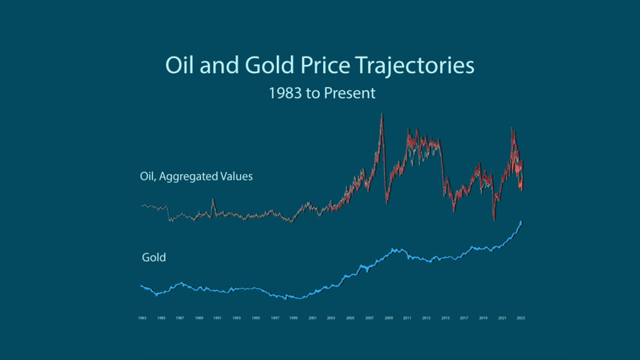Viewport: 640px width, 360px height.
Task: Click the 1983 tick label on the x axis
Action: [x=142, y=318]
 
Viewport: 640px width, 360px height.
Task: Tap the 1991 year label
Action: [x=217, y=318]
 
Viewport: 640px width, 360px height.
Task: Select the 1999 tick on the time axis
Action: [x=293, y=318]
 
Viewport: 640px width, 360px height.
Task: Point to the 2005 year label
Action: [x=350, y=318]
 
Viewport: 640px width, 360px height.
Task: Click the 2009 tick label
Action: [x=388, y=318]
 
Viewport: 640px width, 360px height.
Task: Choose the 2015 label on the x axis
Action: [x=445, y=318]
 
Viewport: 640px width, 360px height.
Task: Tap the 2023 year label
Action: [x=521, y=318]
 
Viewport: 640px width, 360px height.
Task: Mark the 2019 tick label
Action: [x=483, y=318]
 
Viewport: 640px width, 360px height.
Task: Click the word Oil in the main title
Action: [x=179, y=66]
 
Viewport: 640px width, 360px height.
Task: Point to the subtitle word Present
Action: [x=351, y=93]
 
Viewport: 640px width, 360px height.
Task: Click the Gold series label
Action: [x=154, y=257]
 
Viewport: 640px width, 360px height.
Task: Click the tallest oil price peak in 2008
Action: [x=382, y=114]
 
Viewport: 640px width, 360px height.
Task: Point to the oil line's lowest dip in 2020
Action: [x=494, y=219]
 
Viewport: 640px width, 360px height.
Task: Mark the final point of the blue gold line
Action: [x=521, y=222]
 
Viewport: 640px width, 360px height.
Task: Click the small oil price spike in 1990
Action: [x=213, y=200]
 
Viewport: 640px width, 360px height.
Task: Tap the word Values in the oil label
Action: [x=236, y=176]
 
